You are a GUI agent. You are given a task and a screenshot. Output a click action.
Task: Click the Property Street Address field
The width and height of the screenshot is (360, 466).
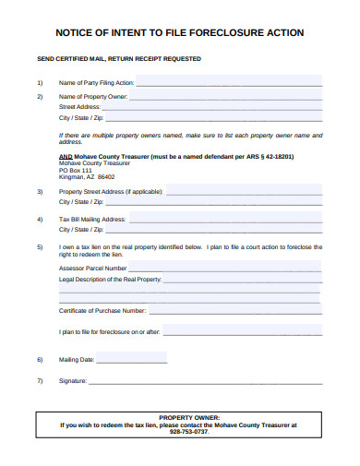[244, 191]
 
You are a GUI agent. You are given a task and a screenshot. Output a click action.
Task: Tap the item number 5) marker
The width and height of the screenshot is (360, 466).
[40, 247]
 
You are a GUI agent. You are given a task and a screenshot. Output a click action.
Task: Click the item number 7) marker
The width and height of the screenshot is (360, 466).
[40, 380]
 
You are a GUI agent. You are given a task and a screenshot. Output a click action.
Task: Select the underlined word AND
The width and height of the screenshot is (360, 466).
[66, 157]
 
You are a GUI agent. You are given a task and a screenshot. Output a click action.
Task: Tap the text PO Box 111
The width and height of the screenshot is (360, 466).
[76, 170]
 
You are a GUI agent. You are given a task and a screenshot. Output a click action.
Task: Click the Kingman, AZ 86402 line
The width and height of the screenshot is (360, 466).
[88, 176]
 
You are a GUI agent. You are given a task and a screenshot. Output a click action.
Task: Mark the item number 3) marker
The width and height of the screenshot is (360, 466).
[40, 191]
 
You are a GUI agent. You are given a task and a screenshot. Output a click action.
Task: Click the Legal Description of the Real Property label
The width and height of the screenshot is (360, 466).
[110, 278]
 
